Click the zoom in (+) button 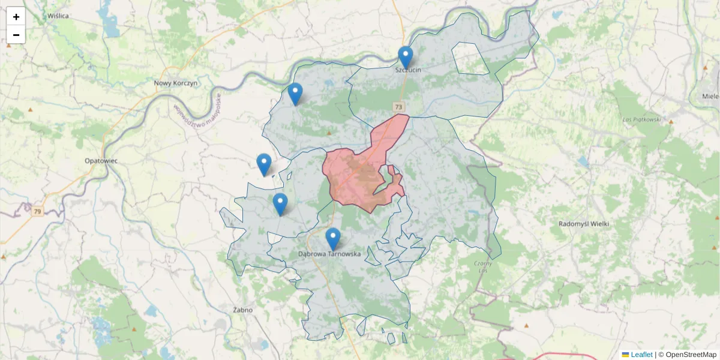16,17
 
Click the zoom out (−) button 16,35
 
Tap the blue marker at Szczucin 406,58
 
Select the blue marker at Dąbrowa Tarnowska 333,239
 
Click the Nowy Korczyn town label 175,83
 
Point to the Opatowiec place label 101,161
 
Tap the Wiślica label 58,16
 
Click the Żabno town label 242,310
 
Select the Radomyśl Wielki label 583,224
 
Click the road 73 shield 399,106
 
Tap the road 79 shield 38,212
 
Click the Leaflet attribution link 641,355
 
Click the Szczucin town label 409,70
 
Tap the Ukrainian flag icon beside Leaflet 625,355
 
